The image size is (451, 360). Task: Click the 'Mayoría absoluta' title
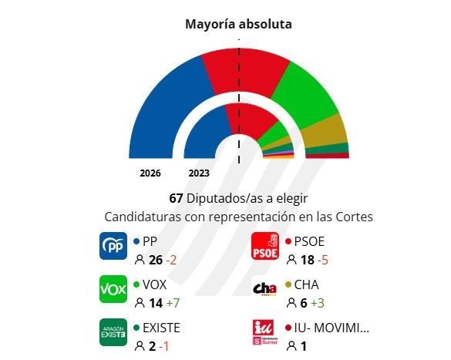coord(238,24)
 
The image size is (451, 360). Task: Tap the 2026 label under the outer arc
coord(150,173)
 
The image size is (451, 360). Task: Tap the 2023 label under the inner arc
coord(199,173)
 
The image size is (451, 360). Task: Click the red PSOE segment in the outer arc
coord(247,73)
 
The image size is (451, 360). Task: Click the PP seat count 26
coord(156,260)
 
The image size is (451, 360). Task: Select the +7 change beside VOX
coord(174,303)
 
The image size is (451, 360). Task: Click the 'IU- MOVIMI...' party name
coord(332,327)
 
